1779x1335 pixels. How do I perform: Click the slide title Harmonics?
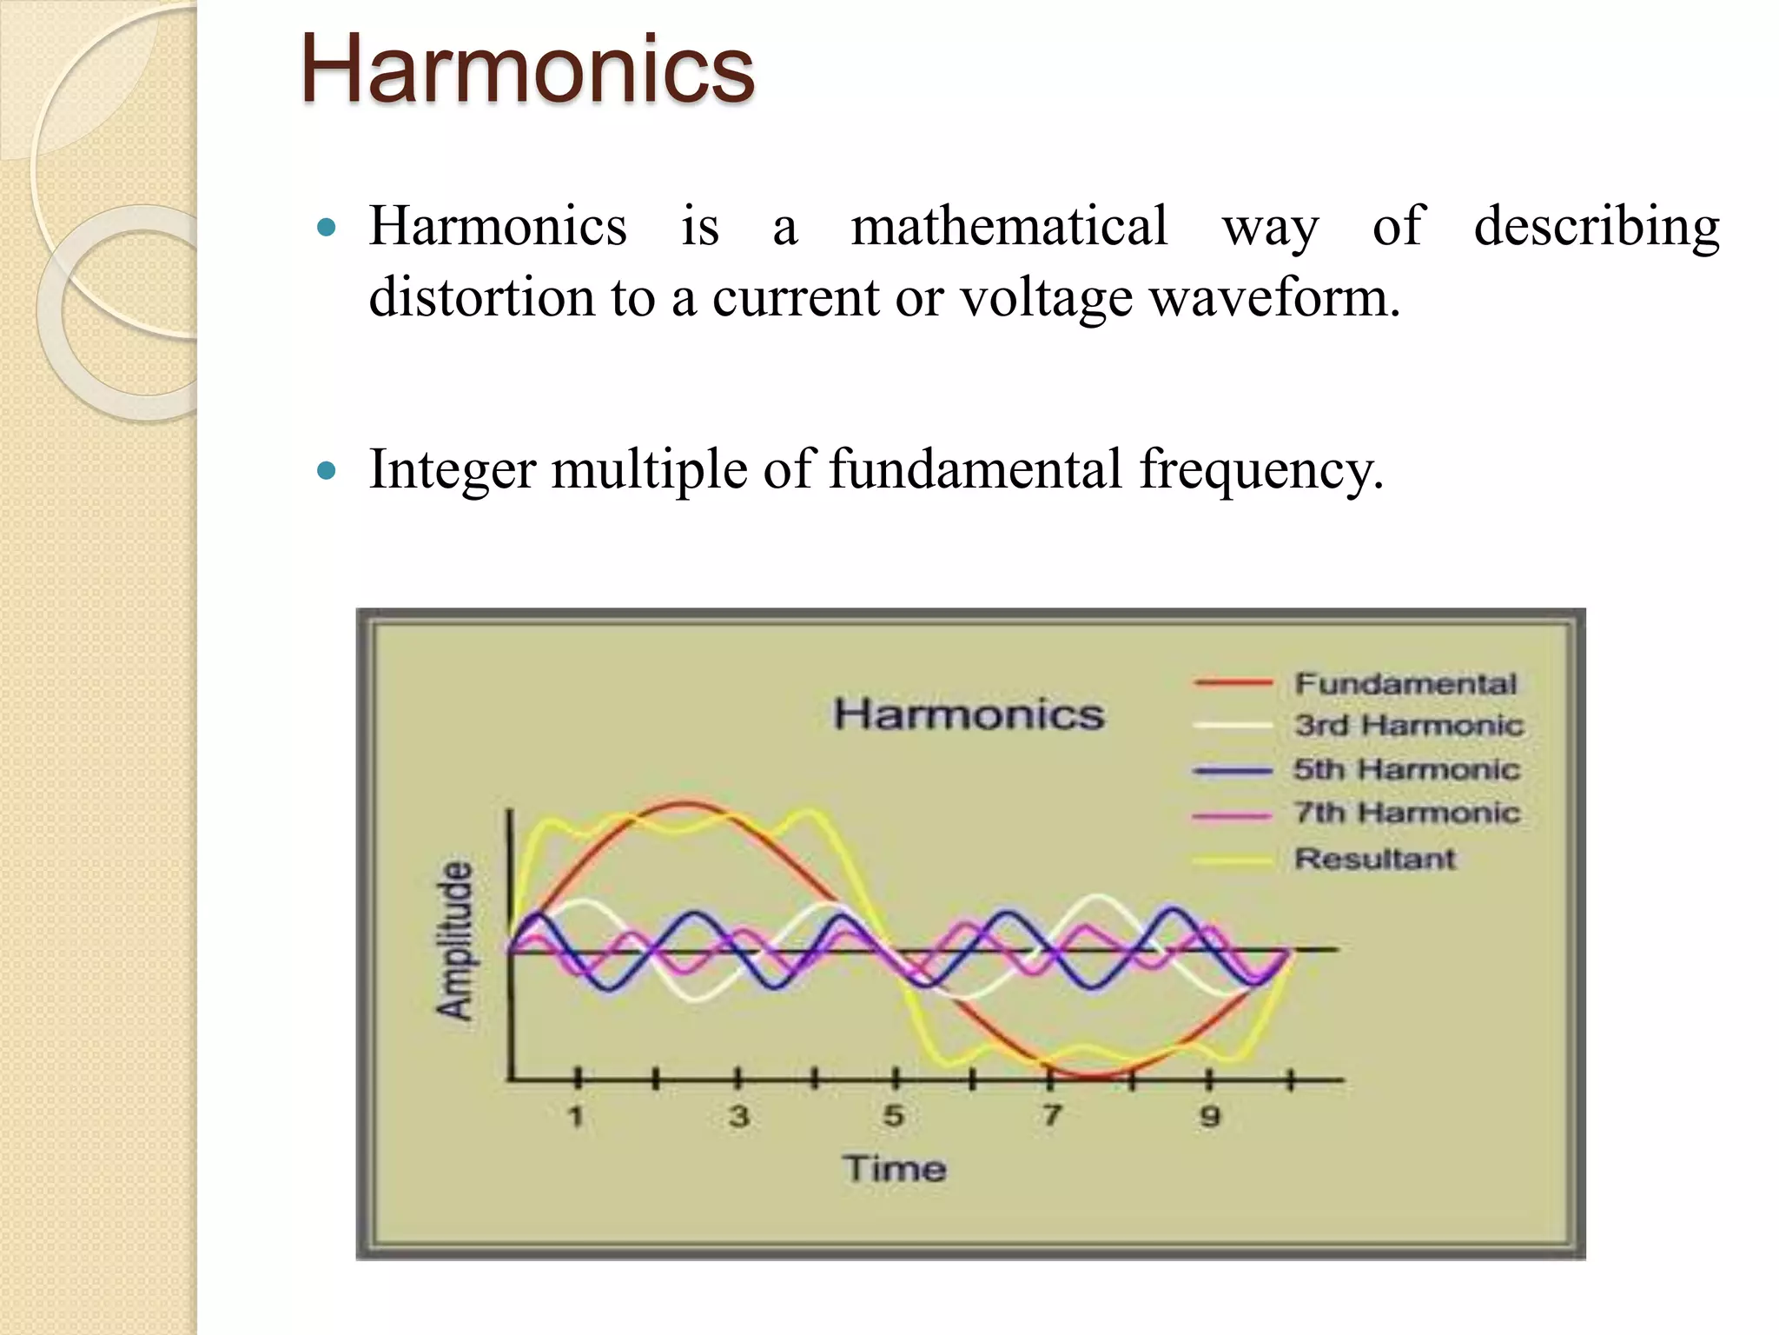click(527, 70)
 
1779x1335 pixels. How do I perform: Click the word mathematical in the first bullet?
click(1009, 227)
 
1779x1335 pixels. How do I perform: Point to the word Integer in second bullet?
click(452, 470)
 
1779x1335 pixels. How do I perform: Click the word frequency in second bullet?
click(1260, 470)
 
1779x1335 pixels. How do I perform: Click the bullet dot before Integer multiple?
click(327, 471)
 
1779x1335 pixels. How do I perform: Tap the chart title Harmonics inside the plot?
click(969, 714)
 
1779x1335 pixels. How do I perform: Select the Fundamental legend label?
click(1405, 684)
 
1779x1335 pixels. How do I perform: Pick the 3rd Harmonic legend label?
click(1408, 726)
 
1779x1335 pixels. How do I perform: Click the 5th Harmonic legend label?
click(1406, 769)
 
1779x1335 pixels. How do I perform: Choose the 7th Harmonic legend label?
click(1407, 814)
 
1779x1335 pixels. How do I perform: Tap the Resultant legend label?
click(1374, 859)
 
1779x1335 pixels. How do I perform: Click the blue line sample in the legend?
click(1233, 770)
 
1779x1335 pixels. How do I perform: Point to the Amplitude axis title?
click(455, 940)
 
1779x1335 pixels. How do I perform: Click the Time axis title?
click(894, 1168)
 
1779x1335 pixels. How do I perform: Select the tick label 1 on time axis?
click(576, 1116)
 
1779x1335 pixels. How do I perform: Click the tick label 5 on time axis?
click(894, 1116)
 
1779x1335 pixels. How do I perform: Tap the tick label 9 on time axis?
click(1210, 1116)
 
